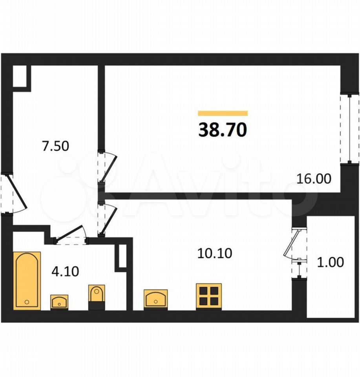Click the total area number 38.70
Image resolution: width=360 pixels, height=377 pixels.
coord(223,130)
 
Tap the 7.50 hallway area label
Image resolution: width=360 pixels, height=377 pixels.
coord(55,146)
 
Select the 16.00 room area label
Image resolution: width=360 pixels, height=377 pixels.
coord(314,179)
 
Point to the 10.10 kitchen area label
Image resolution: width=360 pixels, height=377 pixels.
coord(215,253)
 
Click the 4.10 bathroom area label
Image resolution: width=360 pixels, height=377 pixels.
coord(66,271)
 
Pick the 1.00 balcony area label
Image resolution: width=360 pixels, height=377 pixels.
coord(331,262)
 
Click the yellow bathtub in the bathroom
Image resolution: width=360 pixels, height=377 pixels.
coord(27,281)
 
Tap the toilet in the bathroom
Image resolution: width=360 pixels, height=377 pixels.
coord(97,297)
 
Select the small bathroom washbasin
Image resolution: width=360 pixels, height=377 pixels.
coord(59,302)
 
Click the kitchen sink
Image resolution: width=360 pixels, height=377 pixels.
coord(155,299)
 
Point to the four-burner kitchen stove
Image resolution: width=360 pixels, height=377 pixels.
coord(209,296)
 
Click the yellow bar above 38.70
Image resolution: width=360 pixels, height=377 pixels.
coord(223,113)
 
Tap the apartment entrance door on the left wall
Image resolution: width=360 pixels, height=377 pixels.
coord(13,194)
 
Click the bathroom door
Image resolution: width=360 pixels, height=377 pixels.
coord(71,236)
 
